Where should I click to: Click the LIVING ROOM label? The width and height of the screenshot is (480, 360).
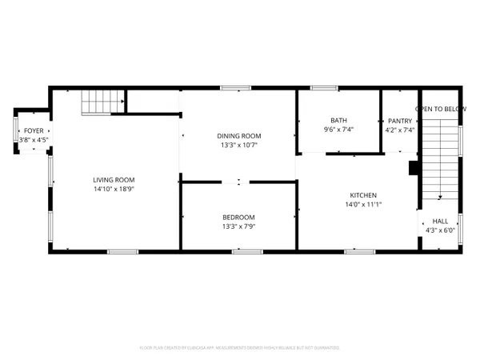pos(113,179)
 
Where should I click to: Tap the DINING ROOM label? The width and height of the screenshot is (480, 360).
pos(239,136)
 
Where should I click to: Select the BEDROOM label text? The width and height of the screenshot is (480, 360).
pos(238,217)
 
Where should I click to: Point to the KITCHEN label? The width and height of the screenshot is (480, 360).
pos(362,195)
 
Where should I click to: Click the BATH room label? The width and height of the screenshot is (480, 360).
pos(338,120)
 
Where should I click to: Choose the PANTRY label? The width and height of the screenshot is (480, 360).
pos(399,120)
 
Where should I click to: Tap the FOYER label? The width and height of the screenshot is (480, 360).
pos(34,130)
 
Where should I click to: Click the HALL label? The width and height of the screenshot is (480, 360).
pos(440,222)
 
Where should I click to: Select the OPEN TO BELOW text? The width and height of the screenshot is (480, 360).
pos(441,109)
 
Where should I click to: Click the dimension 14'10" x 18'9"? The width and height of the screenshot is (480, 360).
pos(113,189)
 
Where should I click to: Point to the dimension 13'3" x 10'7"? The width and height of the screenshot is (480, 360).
pos(239,145)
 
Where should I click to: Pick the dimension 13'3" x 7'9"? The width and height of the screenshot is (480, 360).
pos(238,226)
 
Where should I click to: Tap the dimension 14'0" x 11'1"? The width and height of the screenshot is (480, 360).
pos(362,204)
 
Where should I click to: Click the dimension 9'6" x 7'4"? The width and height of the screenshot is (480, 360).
pos(338,129)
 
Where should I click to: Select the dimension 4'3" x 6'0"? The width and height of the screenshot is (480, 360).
pos(440,230)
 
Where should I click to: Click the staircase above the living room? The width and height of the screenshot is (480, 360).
pos(103,102)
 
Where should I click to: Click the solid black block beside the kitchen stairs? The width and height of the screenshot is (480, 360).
pos(414,168)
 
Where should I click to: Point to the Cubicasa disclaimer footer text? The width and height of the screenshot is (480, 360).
pos(239,348)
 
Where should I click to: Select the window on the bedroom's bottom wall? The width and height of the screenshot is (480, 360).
pos(246,251)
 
